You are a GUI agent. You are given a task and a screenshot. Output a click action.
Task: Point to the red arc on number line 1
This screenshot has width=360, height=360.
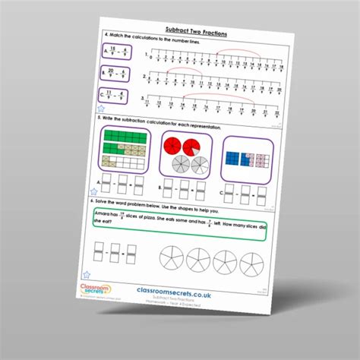pos(237,52)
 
